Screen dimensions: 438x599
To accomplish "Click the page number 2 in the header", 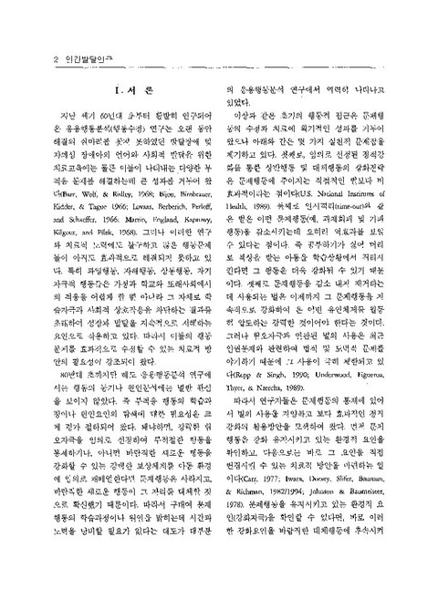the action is [31, 59].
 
